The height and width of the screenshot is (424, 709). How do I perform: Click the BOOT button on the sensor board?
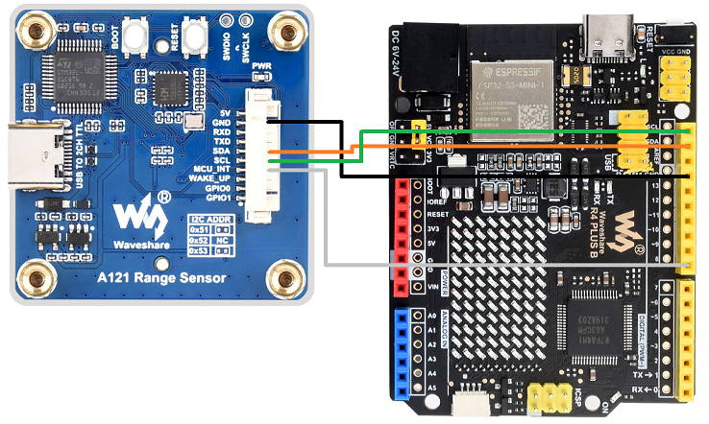click(x=140, y=37)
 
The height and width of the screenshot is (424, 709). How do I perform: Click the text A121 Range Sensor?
click(x=161, y=279)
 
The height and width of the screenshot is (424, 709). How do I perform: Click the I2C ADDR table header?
click(x=211, y=220)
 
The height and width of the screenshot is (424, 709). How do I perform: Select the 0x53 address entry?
click(x=198, y=250)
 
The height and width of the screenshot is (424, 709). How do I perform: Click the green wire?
click(x=519, y=131)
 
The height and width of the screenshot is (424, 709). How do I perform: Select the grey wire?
click(x=500, y=263)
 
